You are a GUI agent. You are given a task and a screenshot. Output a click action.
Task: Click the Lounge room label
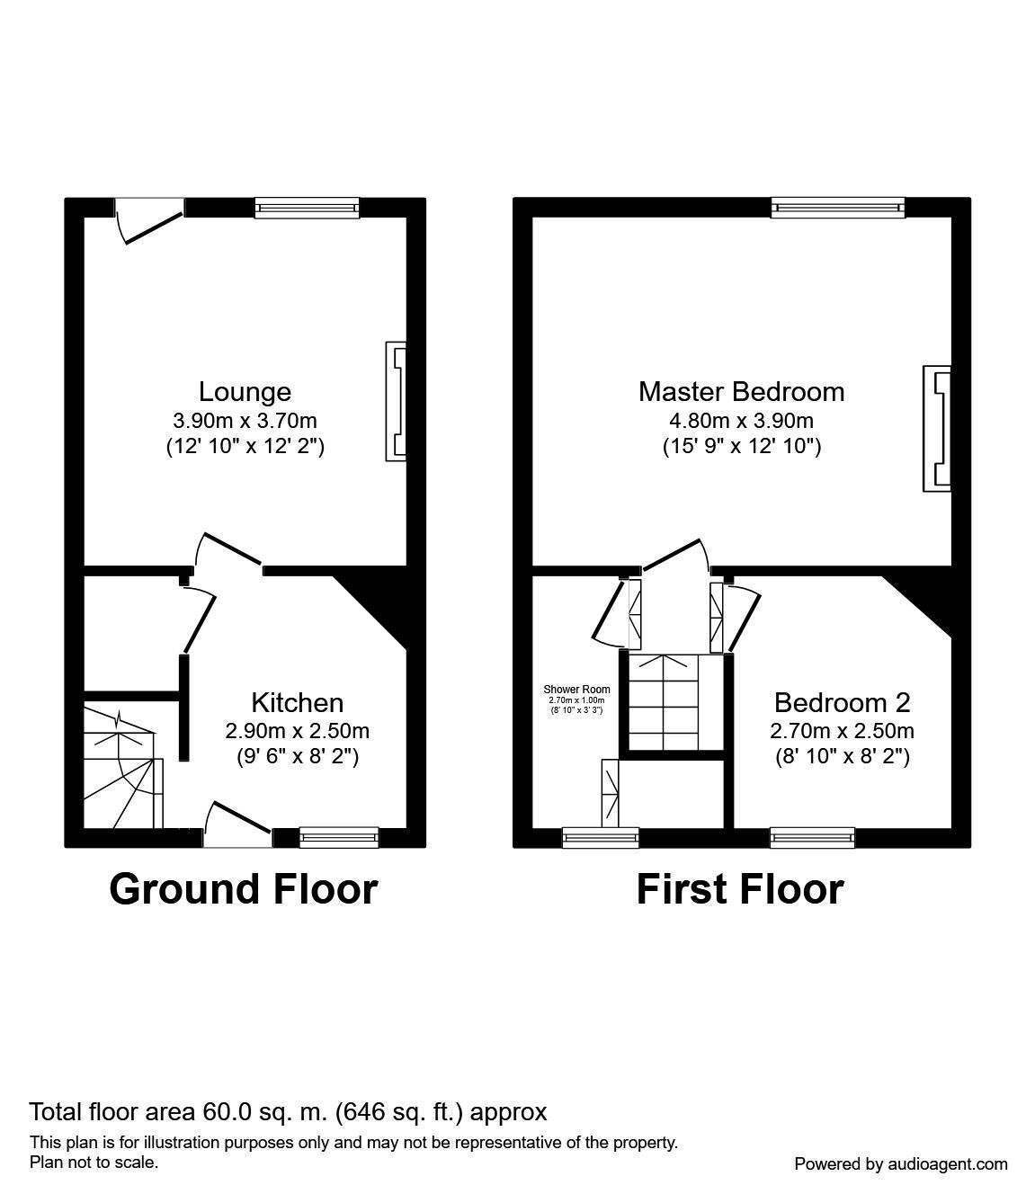tap(245, 392)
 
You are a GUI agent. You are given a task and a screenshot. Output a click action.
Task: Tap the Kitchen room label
tap(297, 702)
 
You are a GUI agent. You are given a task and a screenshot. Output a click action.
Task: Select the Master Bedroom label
tap(741, 392)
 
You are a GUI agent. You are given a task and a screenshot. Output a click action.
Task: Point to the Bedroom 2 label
tap(842, 702)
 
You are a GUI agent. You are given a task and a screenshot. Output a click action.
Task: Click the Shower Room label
tap(576, 690)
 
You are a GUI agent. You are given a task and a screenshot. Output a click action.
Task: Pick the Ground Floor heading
tap(243, 888)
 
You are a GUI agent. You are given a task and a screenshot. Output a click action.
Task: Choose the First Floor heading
tap(739, 888)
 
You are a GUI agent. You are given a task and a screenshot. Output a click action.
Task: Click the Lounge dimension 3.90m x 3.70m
tap(245, 420)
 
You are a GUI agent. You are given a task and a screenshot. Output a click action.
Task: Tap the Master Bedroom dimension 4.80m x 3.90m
tap(741, 420)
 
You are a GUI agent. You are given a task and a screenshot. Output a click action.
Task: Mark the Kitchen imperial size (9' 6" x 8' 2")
tap(297, 757)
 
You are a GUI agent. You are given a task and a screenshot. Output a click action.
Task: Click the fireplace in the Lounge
tap(396, 401)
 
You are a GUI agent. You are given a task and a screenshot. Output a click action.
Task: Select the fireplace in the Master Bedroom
tap(936, 428)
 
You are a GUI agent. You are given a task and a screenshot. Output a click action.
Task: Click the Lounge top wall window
tap(308, 208)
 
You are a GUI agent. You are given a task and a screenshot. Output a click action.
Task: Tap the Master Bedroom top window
tap(837, 208)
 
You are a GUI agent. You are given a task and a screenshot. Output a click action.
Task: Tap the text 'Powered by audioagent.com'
tap(901, 1163)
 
